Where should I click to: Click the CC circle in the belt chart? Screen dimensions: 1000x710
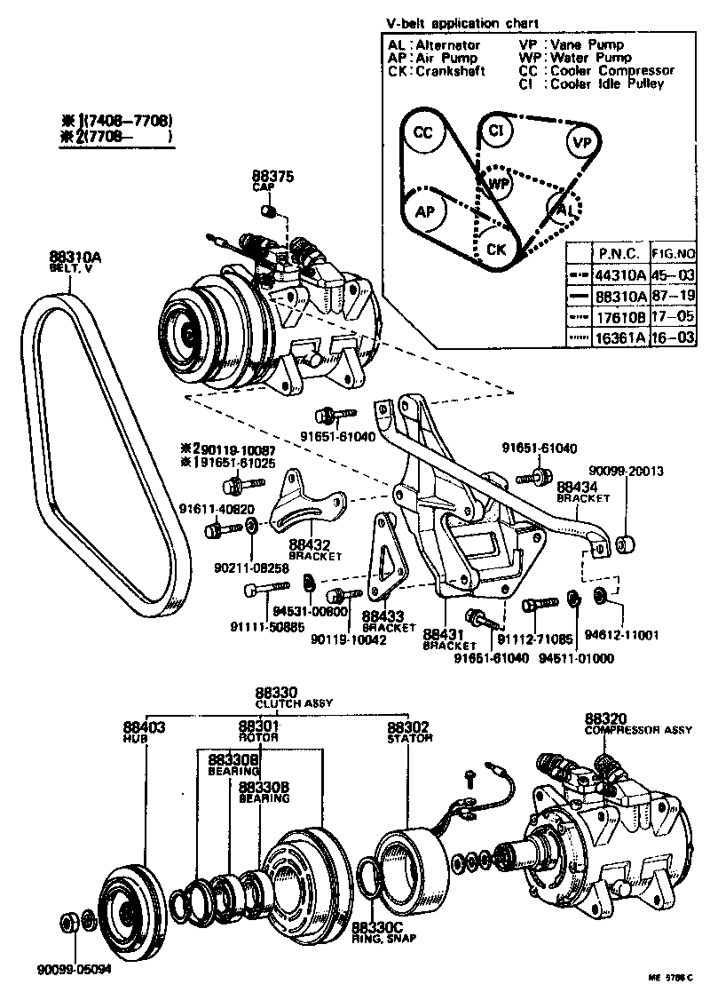[x=423, y=134]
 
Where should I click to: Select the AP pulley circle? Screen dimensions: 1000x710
[x=425, y=212]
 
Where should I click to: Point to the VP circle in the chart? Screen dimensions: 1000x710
[x=581, y=143]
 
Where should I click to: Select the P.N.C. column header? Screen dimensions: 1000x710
[x=619, y=251]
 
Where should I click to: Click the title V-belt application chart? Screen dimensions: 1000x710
[x=461, y=22]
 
